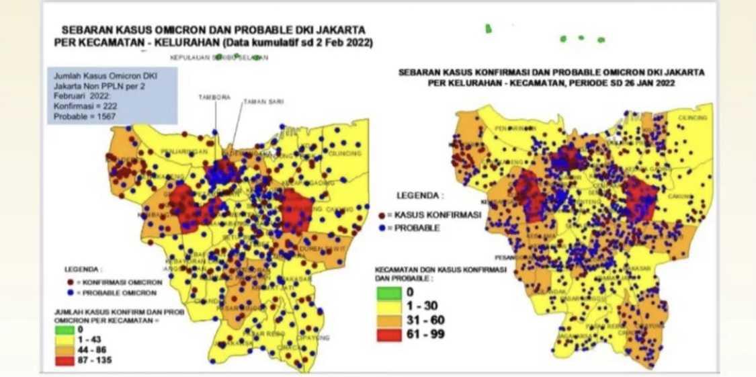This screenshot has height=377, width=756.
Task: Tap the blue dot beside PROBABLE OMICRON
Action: (x=71, y=293)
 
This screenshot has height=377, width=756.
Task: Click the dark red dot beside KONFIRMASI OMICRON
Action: (x=71, y=283)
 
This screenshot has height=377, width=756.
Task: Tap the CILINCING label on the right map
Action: (x=694, y=118)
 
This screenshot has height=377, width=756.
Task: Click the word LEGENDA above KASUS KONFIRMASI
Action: (x=420, y=197)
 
